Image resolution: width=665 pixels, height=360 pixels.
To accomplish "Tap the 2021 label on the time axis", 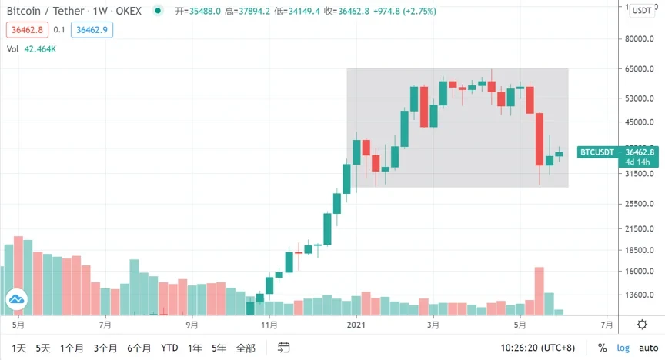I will pyautogui.click(x=355, y=325).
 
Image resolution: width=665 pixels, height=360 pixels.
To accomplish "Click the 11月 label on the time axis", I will pyautogui.click(x=269, y=325).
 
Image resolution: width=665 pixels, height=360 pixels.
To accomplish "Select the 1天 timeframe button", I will pyautogui.click(x=18, y=348).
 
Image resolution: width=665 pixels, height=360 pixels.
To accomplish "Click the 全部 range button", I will pyautogui.click(x=246, y=348).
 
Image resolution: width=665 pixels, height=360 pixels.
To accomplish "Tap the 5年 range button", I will pyautogui.click(x=219, y=348).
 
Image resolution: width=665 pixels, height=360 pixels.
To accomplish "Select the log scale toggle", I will pyautogui.click(x=623, y=348).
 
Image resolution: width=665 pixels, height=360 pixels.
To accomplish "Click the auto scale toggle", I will pyautogui.click(x=648, y=348).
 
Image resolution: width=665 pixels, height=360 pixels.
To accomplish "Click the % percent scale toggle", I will pyautogui.click(x=602, y=348).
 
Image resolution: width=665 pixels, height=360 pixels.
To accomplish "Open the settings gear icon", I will pyautogui.click(x=641, y=325).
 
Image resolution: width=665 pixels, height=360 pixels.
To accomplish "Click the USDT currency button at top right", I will pyautogui.click(x=640, y=10).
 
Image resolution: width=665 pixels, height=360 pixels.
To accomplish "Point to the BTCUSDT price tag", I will pyautogui.click(x=598, y=152).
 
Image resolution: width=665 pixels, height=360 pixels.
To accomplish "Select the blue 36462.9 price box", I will pyautogui.click(x=90, y=30).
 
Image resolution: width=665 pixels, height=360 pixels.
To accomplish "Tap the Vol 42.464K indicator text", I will pyautogui.click(x=32, y=48).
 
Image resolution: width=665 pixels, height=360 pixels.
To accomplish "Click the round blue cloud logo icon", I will pyautogui.click(x=17, y=299).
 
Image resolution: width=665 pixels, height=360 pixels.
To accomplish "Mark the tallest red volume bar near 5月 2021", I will pyautogui.click(x=540, y=291).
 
